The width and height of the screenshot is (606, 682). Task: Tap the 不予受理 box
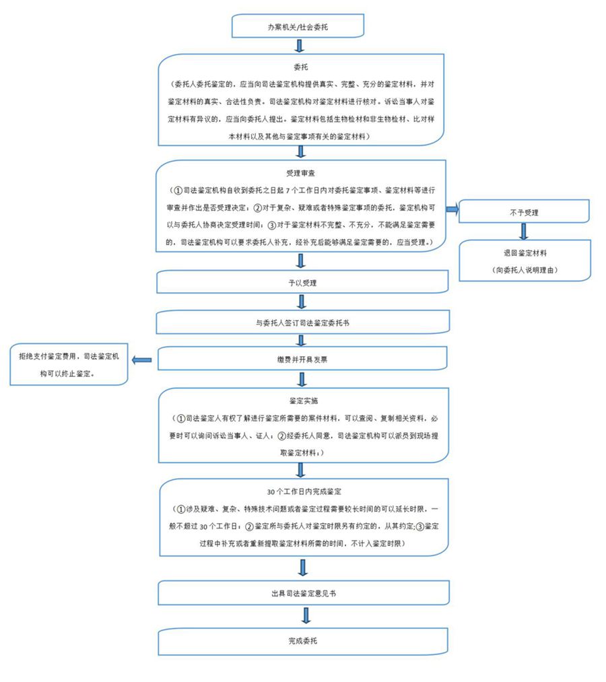(x=524, y=212)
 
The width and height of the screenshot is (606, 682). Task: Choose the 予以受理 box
(x=302, y=283)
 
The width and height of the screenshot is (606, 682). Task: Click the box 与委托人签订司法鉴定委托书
(x=302, y=322)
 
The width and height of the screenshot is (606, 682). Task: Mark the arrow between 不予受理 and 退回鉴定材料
(x=523, y=232)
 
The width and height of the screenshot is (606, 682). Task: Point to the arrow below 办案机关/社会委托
(x=300, y=45)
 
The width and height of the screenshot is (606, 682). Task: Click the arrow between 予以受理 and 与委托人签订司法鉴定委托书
(x=302, y=302)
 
